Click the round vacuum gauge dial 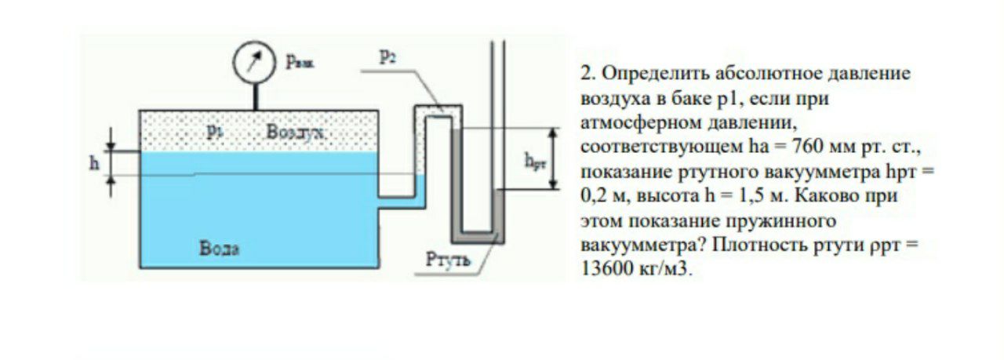253,62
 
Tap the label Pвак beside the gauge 300,62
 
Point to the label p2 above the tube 388,58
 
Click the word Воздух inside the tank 294,132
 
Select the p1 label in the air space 215,131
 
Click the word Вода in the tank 219,248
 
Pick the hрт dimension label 535,161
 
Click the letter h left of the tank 94,163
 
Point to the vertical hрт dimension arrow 554,158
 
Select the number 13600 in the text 606,268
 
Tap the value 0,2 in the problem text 595,196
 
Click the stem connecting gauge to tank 256,96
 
